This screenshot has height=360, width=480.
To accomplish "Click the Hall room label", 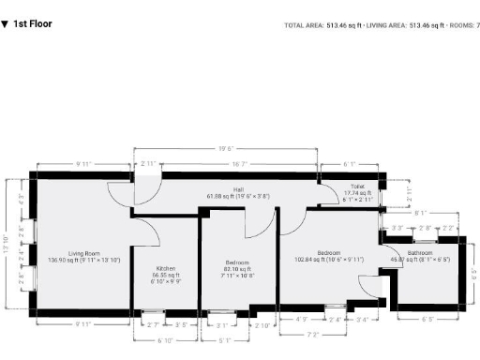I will [239, 190].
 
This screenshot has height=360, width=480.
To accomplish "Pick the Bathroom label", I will [419, 253].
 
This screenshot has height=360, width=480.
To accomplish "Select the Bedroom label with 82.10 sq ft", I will [237, 262].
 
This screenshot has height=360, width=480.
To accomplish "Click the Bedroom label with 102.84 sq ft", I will [327, 253].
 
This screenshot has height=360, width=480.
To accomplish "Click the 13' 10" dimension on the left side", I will [7, 246].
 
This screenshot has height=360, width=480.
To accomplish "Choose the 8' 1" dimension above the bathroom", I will [420, 213].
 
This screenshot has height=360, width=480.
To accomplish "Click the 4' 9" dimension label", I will [302, 320].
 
